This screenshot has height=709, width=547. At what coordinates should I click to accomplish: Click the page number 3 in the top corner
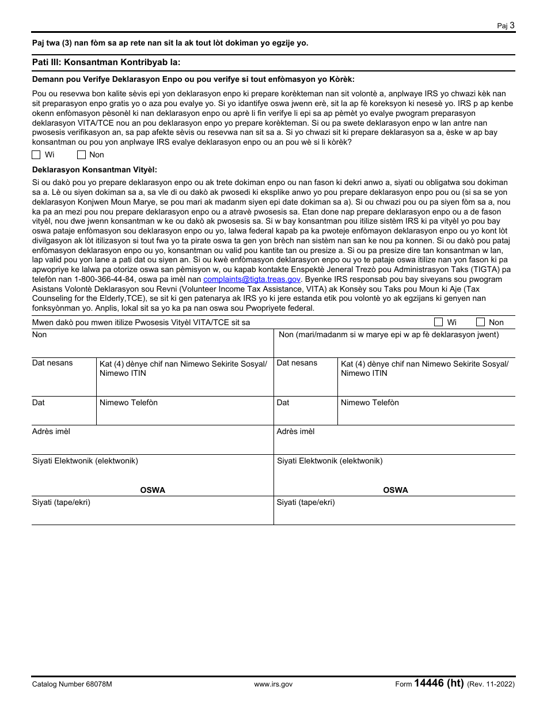pos(512,25)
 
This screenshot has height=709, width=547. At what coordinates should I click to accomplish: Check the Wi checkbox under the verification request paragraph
pos(36,154)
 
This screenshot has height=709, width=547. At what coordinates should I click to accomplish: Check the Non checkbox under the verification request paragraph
pos(81,154)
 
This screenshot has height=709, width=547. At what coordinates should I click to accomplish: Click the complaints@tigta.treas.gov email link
pos(252,279)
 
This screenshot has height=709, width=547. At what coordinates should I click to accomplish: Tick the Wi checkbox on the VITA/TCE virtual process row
pos(438,322)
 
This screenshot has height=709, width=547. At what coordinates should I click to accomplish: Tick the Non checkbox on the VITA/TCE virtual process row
pos(480,322)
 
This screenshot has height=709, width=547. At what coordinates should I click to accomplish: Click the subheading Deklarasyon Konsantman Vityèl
pos(94,169)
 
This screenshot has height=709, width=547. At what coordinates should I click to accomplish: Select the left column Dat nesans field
pos(63,380)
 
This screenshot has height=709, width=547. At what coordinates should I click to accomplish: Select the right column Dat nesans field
pos(305,380)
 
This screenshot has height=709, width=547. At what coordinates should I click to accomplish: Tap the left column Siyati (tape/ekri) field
pos(152,513)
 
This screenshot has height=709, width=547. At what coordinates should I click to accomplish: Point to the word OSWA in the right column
pos(396,490)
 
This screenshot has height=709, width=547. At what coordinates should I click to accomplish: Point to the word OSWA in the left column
pos(153,490)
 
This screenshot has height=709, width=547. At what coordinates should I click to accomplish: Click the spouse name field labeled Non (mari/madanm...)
pos(394,346)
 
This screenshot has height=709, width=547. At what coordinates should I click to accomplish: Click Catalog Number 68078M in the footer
pos(72,684)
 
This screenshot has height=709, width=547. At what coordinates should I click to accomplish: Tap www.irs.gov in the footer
pos(273,684)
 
